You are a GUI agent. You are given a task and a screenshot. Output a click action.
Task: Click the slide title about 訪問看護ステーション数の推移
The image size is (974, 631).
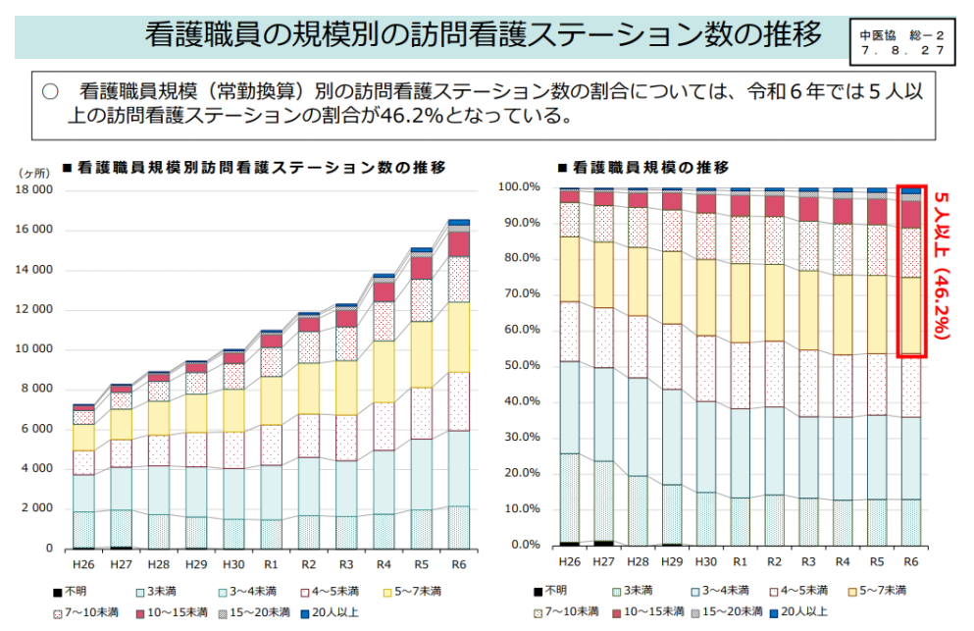pyautogui.click(x=482, y=36)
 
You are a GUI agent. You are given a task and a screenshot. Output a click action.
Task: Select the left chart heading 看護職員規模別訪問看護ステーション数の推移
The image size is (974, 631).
pyautogui.click(x=260, y=168)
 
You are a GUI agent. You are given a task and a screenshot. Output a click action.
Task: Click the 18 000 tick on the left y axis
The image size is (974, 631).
pyautogui.click(x=34, y=190)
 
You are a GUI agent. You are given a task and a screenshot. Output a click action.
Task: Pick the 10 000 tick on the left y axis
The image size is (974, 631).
pyautogui.click(x=34, y=349)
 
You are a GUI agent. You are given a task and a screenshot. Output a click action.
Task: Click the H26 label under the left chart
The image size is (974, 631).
pyautogui.click(x=83, y=565)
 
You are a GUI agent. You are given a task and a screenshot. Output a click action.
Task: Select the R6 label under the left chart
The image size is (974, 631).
pyautogui.click(x=459, y=565)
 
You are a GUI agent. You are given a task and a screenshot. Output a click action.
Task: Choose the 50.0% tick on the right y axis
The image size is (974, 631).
pyautogui.click(x=520, y=366)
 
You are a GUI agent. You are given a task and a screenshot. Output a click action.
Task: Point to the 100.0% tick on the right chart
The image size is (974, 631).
pyautogui.click(x=518, y=186)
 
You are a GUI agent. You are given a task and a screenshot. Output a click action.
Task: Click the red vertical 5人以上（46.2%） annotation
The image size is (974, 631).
pyautogui.click(x=943, y=266)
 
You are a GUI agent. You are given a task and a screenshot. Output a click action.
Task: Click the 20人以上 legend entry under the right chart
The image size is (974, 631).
pyautogui.click(x=802, y=612)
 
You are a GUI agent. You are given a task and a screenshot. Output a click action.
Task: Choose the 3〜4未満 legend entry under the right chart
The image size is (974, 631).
pyautogui.click(x=720, y=591)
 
